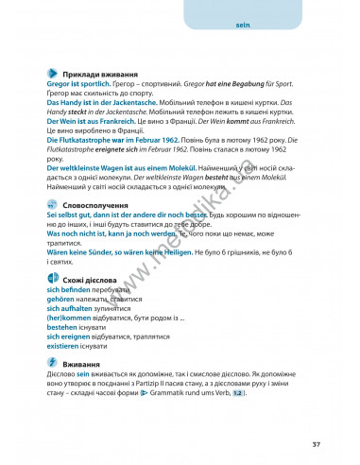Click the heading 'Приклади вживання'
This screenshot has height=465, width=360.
point(95,74)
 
